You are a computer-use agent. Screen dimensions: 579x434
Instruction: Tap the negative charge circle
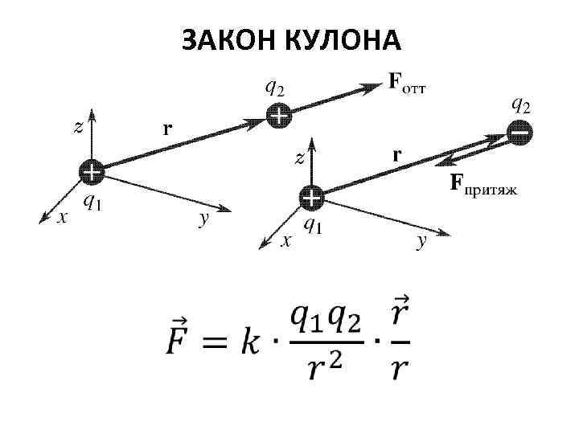coord(519,131)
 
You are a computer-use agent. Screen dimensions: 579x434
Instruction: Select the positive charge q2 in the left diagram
coord(278,117)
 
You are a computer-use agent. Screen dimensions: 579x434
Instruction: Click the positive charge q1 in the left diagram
coord(91,172)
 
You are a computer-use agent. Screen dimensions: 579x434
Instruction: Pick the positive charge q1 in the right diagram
coord(310,197)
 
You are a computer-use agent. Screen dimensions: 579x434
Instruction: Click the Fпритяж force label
coord(482,186)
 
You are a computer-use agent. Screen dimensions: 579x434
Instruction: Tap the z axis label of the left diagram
coord(78,127)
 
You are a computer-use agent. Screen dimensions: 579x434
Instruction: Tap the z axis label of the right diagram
coord(299,158)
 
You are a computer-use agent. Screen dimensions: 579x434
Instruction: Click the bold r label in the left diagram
coord(168,128)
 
